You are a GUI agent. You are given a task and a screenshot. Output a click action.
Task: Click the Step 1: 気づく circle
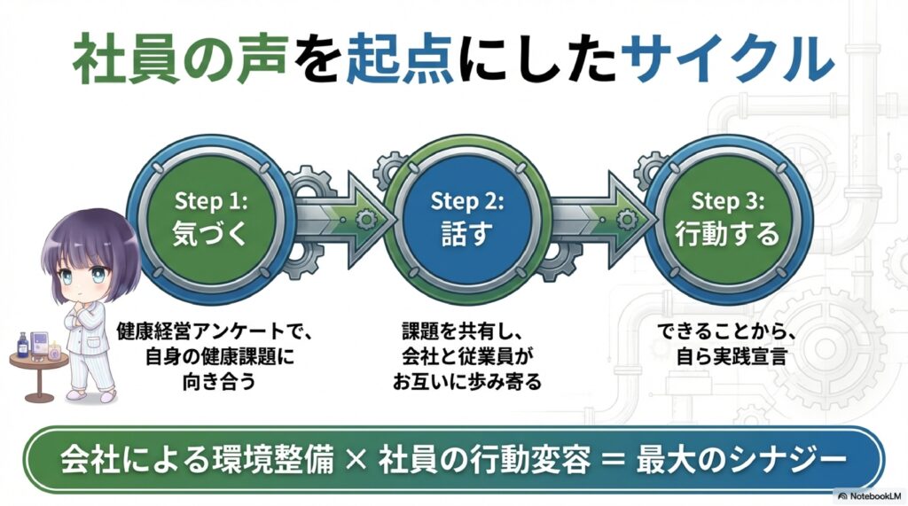tap(210, 217)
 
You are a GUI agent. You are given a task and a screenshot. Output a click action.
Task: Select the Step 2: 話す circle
tap(466, 217)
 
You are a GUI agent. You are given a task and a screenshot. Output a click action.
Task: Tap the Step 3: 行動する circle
tap(727, 217)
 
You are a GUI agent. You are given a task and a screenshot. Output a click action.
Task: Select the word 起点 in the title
tap(390, 61)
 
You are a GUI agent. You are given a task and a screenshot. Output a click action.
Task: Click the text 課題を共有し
tap(466, 334)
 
